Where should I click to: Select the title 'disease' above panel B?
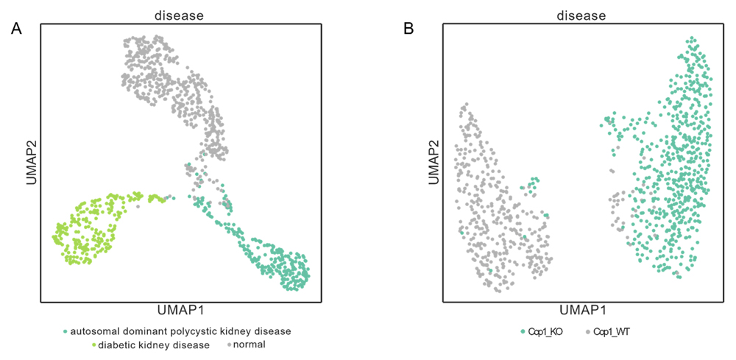pyautogui.click(x=581, y=15)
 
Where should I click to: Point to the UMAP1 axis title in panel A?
pyautogui.click(x=181, y=308)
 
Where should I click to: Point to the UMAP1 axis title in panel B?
pyautogui.click(x=582, y=308)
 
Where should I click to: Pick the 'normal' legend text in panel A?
pyautogui.click(x=250, y=344)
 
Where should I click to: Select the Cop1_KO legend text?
pyautogui.click(x=545, y=332)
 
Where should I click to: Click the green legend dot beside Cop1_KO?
pyautogui.click(x=523, y=332)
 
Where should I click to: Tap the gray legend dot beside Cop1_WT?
pyautogui.click(x=588, y=332)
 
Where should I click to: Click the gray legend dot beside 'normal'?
pyautogui.click(x=230, y=345)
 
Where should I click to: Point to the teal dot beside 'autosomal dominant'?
pyautogui.click(x=66, y=331)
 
